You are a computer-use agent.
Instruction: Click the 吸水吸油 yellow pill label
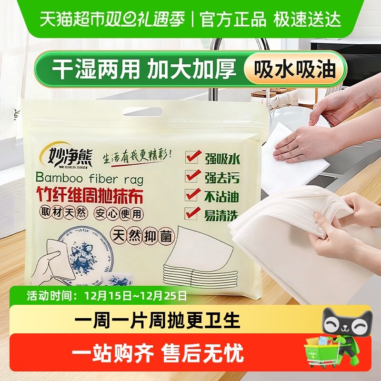(295, 70)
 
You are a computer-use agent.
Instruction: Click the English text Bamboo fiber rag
(89, 178)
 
